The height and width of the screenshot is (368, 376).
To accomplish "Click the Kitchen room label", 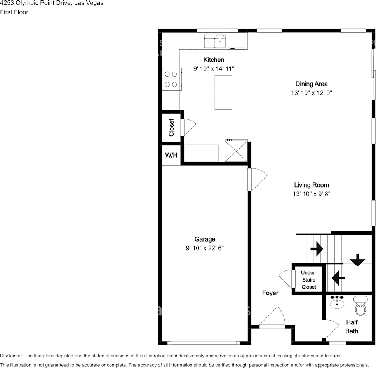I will pyautogui.click(x=214, y=60).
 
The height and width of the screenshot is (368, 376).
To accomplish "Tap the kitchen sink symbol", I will pyautogui.click(x=216, y=41).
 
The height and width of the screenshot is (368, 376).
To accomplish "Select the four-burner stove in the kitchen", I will pyautogui.click(x=171, y=79).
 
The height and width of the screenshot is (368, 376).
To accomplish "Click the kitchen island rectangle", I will pyautogui.click(x=223, y=92).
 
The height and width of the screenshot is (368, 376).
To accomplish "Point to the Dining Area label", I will pyautogui.click(x=312, y=84).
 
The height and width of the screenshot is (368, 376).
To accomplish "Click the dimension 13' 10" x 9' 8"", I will pyautogui.click(x=312, y=194).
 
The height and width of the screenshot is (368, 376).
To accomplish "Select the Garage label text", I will pyautogui.click(x=205, y=239).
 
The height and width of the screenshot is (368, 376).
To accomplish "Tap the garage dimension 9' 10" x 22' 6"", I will pyautogui.click(x=205, y=248).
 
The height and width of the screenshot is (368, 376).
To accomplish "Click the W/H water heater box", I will pyautogui.click(x=171, y=155).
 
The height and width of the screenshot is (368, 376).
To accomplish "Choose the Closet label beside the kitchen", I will pyautogui.click(x=171, y=127).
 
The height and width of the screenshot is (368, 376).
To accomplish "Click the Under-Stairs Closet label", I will pyautogui.click(x=309, y=280).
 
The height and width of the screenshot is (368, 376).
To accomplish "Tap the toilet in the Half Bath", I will pyautogui.click(x=361, y=307).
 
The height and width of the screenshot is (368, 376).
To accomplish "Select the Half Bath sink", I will pyautogui.click(x=337, y=303).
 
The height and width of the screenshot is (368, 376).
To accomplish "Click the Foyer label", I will pyautogui.click(x=270, y=293).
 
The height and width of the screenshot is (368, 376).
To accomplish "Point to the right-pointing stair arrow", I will pyautogui.click(x=317, y=249).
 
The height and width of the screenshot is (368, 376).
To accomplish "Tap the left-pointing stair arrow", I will pyautogui.click(x=339, y=277).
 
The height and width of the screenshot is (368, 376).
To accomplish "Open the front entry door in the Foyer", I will pyautogui.click(x=273, y=319).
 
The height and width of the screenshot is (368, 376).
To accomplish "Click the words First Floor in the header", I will pyautogui.click(x=14, y=12).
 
